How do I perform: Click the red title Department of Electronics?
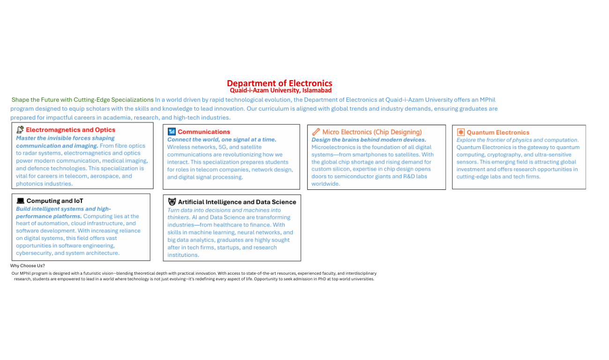[279, 83]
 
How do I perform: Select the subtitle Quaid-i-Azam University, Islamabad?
[280, 90]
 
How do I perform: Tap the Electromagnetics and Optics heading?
[70, 130]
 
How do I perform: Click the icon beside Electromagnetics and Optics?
[20, 130]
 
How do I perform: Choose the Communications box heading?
[204, 132]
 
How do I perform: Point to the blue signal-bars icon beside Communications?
[171, 132]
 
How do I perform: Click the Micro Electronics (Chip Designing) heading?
[372, 132]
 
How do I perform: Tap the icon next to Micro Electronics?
[316, 132]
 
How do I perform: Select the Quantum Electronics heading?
[498, 133]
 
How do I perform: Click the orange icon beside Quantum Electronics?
[461, 133]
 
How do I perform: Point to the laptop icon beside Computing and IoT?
[20, 201]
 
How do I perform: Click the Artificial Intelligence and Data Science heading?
[237, 202]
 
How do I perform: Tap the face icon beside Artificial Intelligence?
[172, 202]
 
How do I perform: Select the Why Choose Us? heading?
[28, 266]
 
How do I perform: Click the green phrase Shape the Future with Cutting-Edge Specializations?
[82, 100]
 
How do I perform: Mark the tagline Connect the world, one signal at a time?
[222, 140]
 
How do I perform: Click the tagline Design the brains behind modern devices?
[369, 140]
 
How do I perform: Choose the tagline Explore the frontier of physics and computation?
[517, 140]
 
